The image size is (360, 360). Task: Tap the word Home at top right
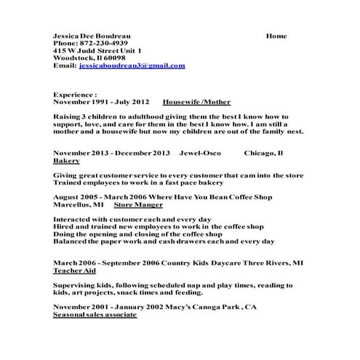pos(276,36)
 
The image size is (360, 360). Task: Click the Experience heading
pos(75,95)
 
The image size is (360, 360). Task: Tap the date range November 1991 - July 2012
pos(102,103)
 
